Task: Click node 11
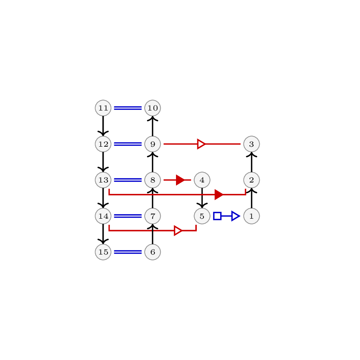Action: tap(103, 108)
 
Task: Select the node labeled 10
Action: tap(153, 108)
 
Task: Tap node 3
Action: tap(252, 144)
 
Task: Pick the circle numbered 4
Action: tap(202, 180)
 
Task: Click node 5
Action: tap(202, 216)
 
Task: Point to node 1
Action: tap(252, 216)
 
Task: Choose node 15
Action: tap(103, 252)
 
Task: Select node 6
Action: tap(153, 252)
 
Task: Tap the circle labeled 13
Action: tap(103, 180)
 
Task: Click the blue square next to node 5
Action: tap(217, 216)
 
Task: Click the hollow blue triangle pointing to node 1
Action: tap(235, 216)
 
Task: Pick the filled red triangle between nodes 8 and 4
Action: tap(180, 180)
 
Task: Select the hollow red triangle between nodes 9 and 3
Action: tap(202, 144)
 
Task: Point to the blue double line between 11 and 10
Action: tap(128, 108)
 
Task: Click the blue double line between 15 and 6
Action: tap(128, 252)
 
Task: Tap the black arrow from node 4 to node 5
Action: tap(202, 198)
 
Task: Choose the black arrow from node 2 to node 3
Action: tap(252, 162)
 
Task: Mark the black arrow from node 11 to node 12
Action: tap(103, 126)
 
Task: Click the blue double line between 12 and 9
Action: tap(128, 144)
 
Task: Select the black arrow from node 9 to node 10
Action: tap(153, 126)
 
